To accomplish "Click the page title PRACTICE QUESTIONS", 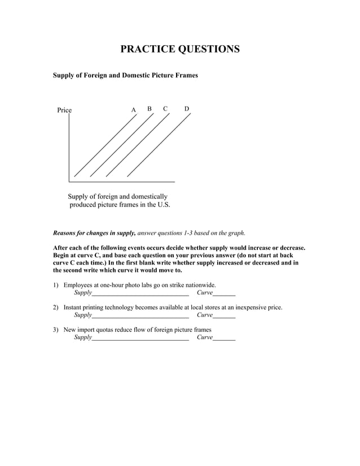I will tap(180, 49).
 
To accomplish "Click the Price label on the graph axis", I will tap(64, 110).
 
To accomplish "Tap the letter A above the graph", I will tap(134, 110).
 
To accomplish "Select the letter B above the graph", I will tap(150, 108).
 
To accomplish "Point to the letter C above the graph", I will tap(165, 108).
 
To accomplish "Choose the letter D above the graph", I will tap(186, 108).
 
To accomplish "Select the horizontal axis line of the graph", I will tap(122, 182).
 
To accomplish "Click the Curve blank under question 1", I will tap(224, 294).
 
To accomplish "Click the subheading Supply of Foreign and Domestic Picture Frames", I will tap(125, 75).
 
